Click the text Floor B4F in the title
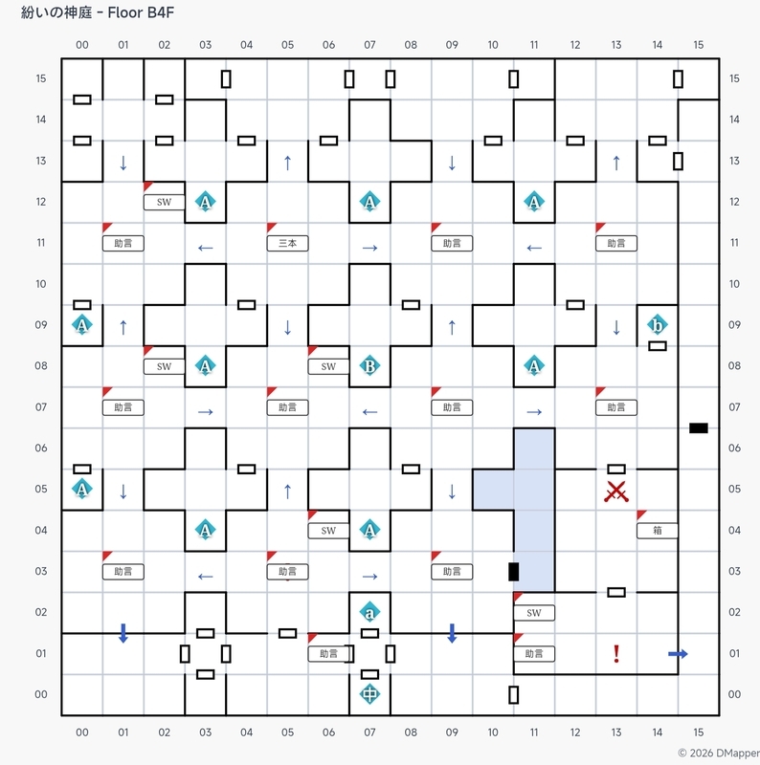click(x=141, y=12)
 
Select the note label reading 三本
click(x=288, y=243)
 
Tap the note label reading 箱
click(x=658, y=531)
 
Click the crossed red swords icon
click(x=616, y=492)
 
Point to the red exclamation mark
click(x=616, y=654)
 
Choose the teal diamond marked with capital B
click(x=369, y=366)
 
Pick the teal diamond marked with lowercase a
click(x=369, y=612)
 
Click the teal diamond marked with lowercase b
click(x=658, y=324)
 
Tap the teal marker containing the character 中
click(x=369, y=694)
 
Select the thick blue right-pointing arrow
click(x=678, y=654)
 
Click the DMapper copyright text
click(x=719, y=754)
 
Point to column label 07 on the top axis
click(x=369, y=45)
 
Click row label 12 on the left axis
click(x=41, y=202)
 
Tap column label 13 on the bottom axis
click(x=616, y=732)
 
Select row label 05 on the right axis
click(x=734, y=489)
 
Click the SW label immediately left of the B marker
click(x=328, y=366)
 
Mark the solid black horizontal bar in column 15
click(x=699, y=427)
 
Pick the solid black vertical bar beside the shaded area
click(x=513, y=571)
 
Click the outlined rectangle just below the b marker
click(x=658, y=346)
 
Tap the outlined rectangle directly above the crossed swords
click(x=616, y=469)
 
